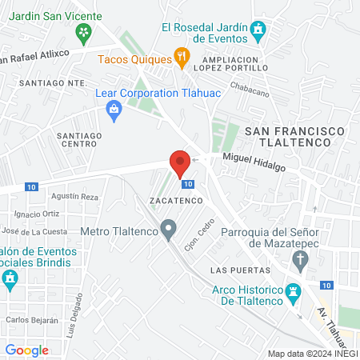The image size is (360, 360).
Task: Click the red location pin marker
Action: (x=180, y=163)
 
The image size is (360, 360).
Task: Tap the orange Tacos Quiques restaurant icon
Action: (x=182, y=58)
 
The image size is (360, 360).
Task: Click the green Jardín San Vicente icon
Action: (x=82, y=32)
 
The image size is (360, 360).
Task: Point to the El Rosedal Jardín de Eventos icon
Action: (x=258, y=32)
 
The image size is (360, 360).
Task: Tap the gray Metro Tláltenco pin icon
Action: (x=168, y=230)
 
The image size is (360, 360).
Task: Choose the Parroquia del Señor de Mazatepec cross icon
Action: (x=300, y=259)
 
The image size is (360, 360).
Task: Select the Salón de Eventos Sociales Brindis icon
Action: (x=10, y=279)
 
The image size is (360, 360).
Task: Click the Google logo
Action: (x=27, y=350)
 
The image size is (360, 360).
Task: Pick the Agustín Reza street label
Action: (x=74, y=196)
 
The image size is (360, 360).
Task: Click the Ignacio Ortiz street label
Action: (x=38, y=214)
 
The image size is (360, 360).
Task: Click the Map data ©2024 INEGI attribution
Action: (x=312, y=353)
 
